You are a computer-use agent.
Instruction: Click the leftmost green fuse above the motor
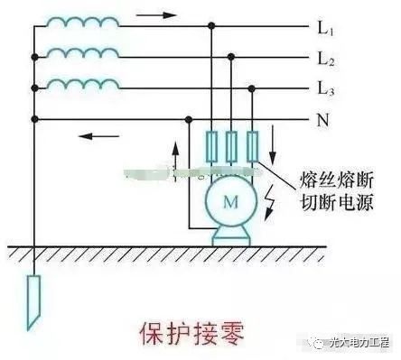[x=211, y=145]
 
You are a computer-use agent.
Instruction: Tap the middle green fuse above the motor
[x=232, y=145]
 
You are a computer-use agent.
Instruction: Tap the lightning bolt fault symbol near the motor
[x=273, y=199]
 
